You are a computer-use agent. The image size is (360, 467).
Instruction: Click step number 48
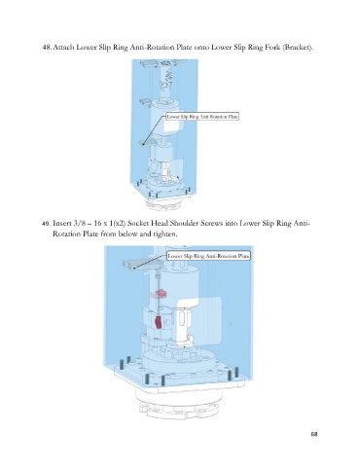[47, 48]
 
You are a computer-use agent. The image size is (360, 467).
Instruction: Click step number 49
[46, 224]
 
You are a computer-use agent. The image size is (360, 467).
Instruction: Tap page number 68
[314, 434]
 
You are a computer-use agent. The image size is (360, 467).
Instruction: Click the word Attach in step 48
[63, 48]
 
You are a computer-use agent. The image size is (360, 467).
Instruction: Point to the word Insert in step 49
[61, 224]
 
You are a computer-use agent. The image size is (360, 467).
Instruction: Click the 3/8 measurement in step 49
[80, 224]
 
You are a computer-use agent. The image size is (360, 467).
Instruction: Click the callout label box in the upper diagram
[202, 117]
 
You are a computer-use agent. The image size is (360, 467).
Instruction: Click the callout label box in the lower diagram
[208, 256]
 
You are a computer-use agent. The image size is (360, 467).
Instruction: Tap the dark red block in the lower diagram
[159, 323]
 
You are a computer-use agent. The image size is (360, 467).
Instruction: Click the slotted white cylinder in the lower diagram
[182, 324]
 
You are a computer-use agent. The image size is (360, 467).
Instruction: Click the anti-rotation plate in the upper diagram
[149, 142]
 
